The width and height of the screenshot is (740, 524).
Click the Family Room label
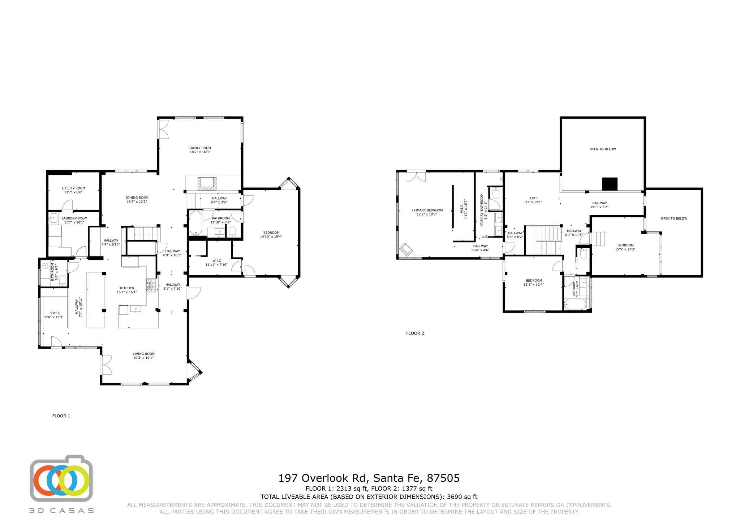coord(200,148)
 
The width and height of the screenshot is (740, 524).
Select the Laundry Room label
coord(74,218)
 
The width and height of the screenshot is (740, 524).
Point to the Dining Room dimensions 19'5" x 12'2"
coord(137,202)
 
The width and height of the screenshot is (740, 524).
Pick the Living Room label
coord(143,354)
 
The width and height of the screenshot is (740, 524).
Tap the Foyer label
coord(55,313)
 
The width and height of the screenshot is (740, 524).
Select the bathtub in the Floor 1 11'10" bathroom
coord(195,223)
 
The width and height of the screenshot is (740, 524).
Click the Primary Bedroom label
coord(427,210)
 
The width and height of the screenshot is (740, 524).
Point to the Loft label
coord(534,198)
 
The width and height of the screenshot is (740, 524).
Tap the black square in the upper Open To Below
coord(610,184)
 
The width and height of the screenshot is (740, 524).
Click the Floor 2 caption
coord(415,333)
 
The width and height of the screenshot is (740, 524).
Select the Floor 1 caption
coord(61,416)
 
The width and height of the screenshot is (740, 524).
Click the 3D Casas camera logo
coord(61,478)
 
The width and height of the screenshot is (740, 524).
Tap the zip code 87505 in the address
coord(443,478)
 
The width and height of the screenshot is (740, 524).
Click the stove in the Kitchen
coord(151,285)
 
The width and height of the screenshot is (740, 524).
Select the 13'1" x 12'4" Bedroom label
coord(534,280)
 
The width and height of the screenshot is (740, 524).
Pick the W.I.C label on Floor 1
coord(217,260)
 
